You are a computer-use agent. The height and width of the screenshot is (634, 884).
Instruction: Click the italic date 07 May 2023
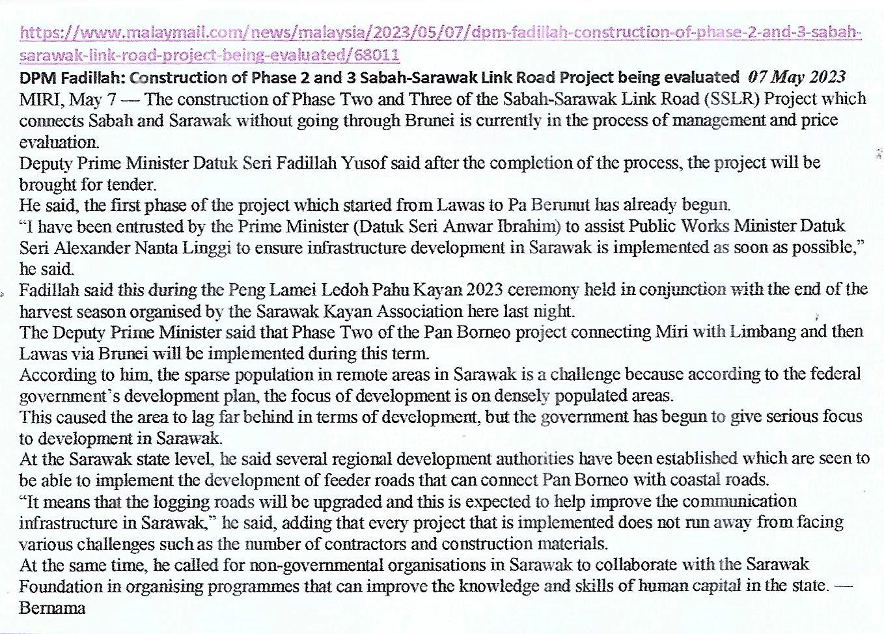797,77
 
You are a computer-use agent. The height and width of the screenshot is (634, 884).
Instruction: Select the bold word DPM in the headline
36,78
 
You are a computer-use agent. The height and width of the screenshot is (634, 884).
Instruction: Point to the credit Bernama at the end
53,608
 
